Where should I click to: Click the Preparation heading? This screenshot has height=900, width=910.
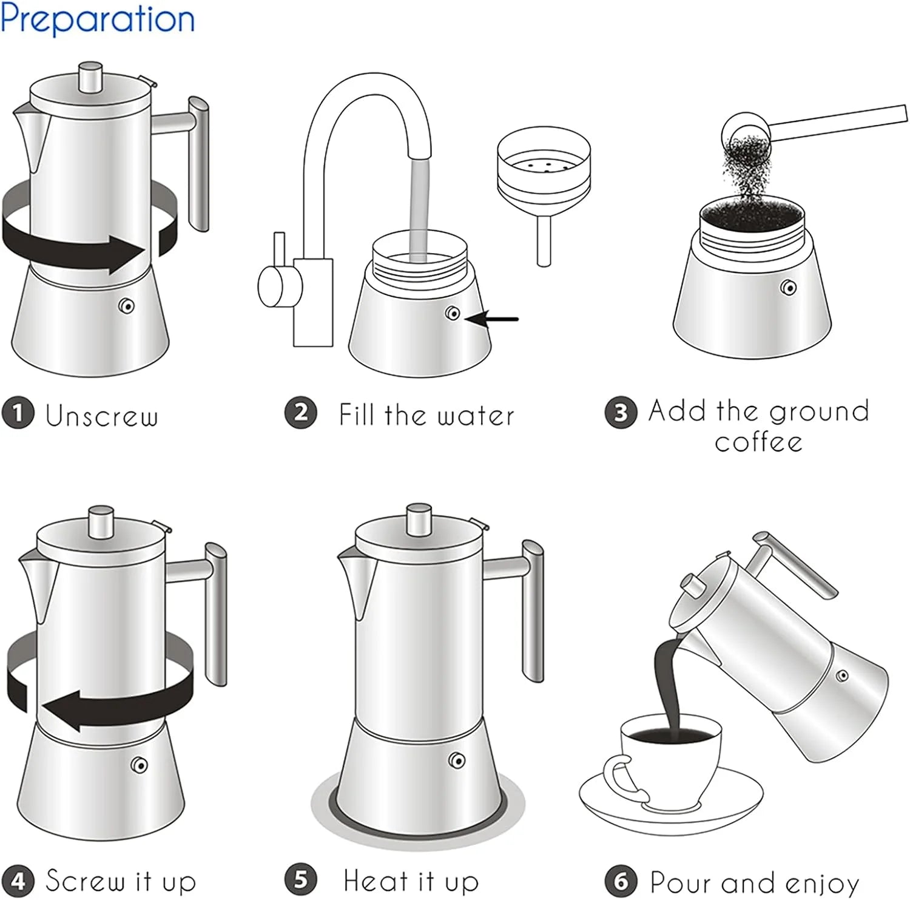(97, 19)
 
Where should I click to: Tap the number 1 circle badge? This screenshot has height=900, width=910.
(18, 413)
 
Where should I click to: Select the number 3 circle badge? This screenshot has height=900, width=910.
(621, 413)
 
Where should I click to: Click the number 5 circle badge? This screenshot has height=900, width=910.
(301, 879)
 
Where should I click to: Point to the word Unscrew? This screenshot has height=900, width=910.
(102, 416)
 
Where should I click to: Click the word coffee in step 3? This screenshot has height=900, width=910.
(758, 442)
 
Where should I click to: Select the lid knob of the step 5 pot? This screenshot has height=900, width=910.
(419, 519)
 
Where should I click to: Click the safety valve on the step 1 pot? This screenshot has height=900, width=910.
(127, 306)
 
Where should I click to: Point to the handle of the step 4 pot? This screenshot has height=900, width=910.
(216, 613)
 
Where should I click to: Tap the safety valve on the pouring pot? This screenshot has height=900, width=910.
(842, 675)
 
